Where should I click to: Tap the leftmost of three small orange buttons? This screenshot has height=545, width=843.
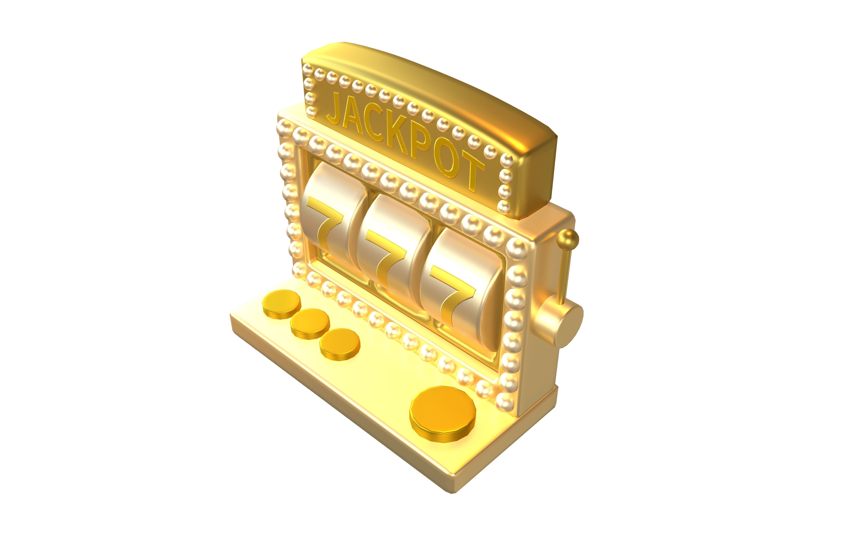point(282,304)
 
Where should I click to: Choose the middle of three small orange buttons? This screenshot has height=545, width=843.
point(310,323)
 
